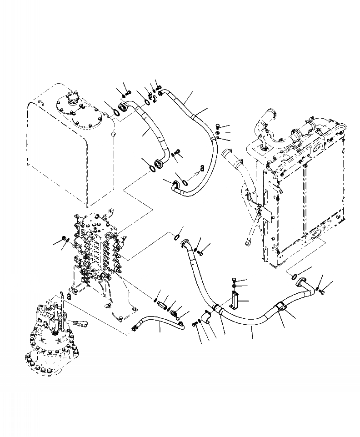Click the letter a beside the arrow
(x=202, y=167)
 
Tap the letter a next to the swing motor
(x=68, y=296)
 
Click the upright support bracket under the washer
(x=233, y=302)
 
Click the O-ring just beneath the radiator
(x=294, y=275)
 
